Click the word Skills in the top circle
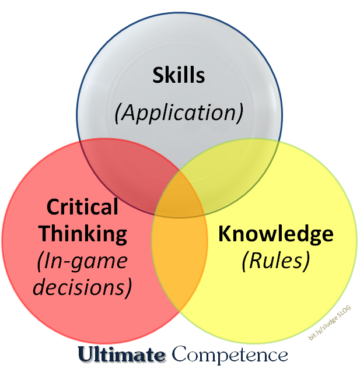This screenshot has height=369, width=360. tap(179, 76)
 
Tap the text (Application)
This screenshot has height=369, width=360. tap(179, 112)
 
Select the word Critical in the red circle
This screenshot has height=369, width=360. tap(82, 207)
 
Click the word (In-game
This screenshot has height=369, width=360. tap(82, 261)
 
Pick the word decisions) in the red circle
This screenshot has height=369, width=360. tap(82, 286)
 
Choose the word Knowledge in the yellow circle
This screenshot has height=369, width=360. tap(275, 234)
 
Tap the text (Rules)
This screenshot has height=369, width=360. tap(275, 261)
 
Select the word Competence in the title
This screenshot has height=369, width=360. tap(230, 354)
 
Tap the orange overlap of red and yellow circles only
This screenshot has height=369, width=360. tap(178, 256)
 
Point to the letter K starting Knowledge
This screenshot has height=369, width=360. tap(225, 234)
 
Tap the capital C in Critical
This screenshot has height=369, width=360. tap(53, 207)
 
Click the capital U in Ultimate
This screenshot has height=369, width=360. tap(85, 354)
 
